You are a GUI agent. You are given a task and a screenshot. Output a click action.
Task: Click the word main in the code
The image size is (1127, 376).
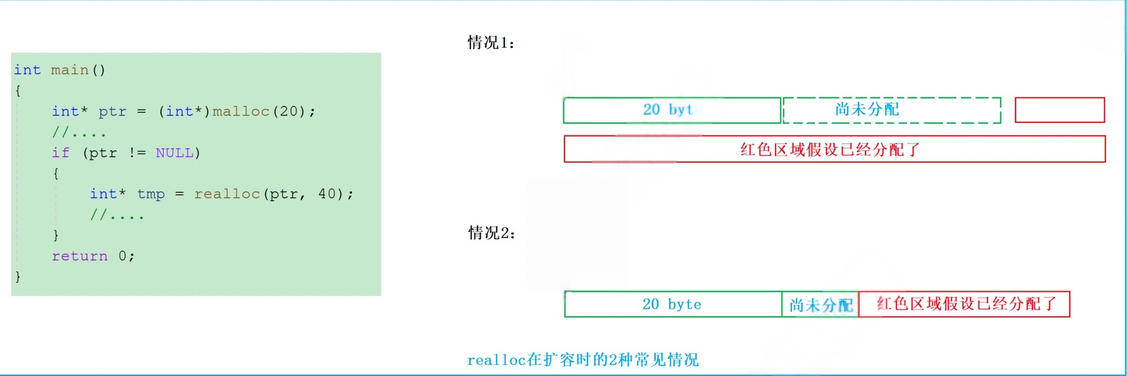pos(69,70)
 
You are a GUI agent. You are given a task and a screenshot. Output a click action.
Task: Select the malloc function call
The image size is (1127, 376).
pos(241,111)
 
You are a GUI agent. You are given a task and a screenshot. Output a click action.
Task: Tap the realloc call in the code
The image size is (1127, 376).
pos(227,194)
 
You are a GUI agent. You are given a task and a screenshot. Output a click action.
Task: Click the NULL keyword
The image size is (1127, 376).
pos(174,153)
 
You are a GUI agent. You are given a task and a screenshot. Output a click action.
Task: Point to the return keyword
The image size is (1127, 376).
pos(80,256)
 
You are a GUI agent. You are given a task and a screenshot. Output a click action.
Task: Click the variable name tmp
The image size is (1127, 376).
pos(151,194)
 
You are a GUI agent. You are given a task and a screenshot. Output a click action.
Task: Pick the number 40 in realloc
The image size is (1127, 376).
pos(327,194)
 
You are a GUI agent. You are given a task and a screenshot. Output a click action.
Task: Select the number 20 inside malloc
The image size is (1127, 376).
pos(288,111)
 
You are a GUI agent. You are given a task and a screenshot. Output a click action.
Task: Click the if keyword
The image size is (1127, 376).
pos(60,153)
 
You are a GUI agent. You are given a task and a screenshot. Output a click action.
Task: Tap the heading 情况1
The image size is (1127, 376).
pos(491,42)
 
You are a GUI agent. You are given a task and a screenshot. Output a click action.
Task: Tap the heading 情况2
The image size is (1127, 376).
pos(491,233)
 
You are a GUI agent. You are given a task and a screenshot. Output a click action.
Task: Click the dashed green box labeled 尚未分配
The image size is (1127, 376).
pos(892,110)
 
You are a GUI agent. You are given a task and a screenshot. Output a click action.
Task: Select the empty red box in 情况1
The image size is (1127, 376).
pos(1060,110)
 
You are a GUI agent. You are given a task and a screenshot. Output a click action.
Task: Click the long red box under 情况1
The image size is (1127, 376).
pos(834,149)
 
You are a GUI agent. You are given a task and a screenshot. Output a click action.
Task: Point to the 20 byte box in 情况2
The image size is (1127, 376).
pos(673,305)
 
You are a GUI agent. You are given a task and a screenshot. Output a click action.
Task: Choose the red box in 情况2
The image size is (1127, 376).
pos(964,304)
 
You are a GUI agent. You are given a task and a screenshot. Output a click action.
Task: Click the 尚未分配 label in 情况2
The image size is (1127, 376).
pos(820,305)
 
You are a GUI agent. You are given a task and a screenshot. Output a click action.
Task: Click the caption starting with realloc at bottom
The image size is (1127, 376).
pos(583,360)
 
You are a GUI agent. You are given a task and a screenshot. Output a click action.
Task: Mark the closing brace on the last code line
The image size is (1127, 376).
pos(17,276)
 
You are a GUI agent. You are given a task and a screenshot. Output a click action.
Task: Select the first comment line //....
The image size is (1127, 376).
pos(78,132)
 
